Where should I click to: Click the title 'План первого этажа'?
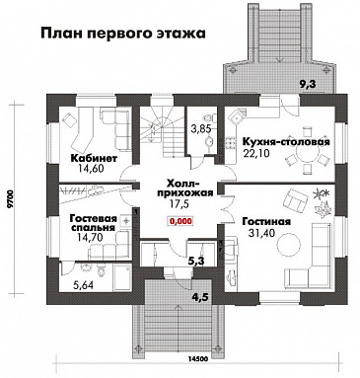(x=124, y=33)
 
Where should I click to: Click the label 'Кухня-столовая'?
(x=284, y=141)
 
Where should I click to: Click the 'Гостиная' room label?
(x=265, y=222)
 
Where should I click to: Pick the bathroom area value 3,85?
(x=201, y=128)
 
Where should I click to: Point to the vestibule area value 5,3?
(x=196, y=262)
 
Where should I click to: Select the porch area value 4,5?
(x=201, y=296)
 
